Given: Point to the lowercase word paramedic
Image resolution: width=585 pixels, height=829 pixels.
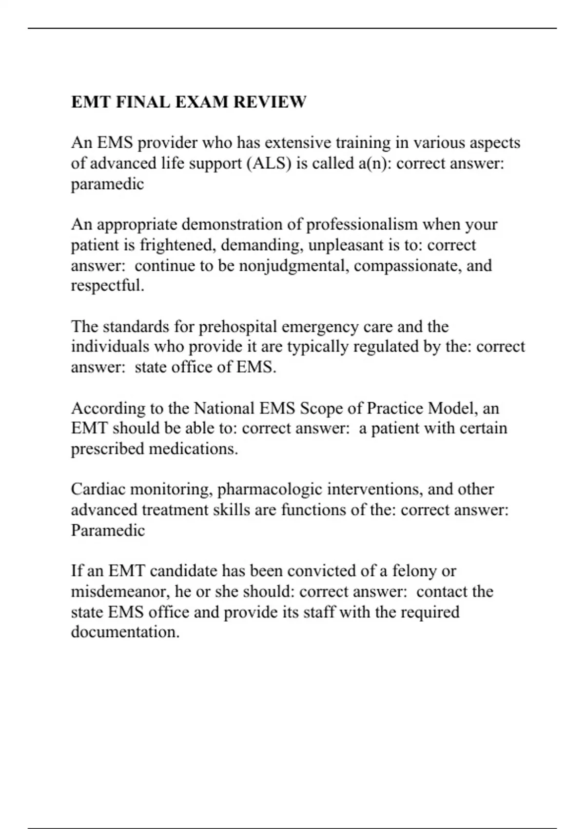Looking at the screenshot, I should [x=107, y=184].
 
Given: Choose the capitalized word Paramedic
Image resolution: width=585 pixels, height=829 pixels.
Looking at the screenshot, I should [x=108, y=530].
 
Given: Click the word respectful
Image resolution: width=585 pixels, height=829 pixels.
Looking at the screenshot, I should [x=107, y=285].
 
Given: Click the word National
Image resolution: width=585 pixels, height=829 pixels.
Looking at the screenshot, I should [x=225, y=408].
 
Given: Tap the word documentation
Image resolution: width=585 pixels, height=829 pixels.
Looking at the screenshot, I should [x=125, y=632].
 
